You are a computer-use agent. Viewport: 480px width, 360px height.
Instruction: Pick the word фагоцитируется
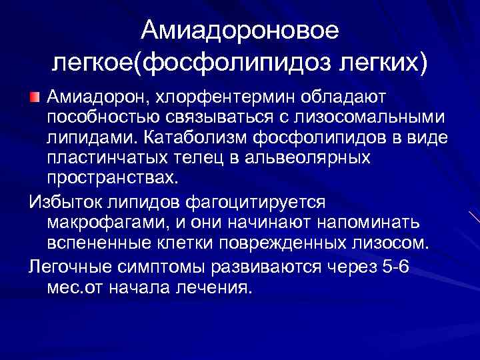point(267,201)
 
